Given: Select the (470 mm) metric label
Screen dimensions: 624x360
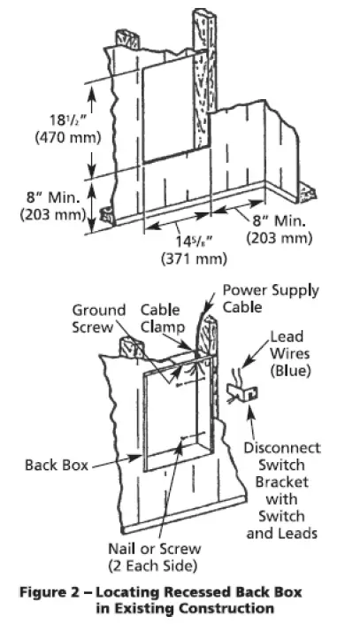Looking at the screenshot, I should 57,139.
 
